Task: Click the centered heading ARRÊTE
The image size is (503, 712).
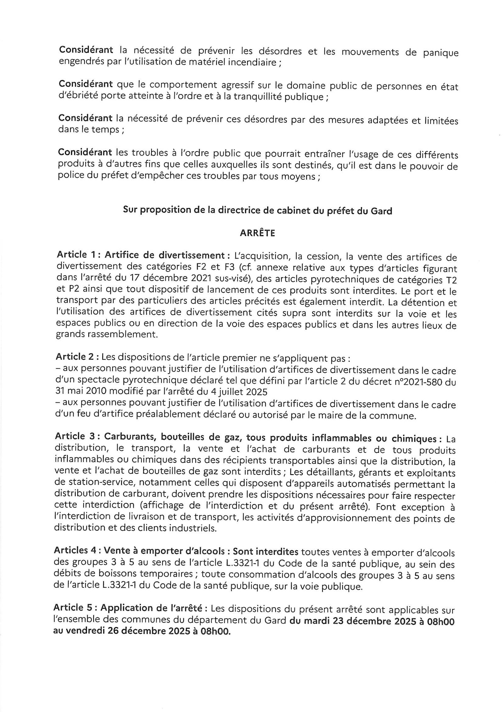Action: tap(257, 233)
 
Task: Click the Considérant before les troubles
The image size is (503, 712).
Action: tap(85, 153)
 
